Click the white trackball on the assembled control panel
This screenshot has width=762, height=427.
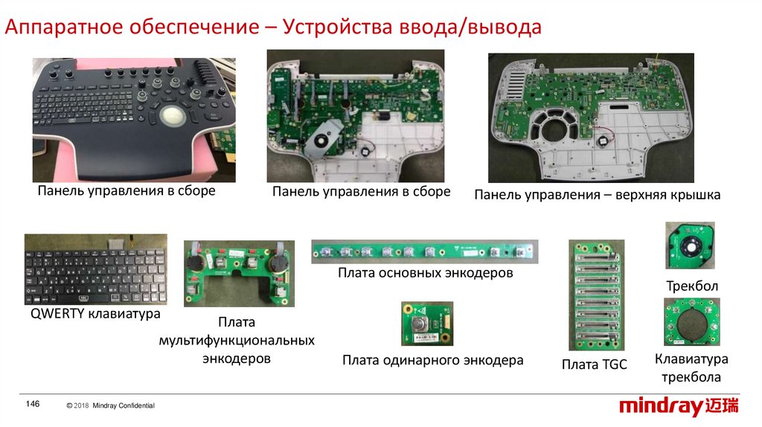(173, 117)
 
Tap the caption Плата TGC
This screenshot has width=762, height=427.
(594, 365)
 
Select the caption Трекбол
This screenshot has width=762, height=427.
(692, 286)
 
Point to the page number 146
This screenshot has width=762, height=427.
(33, 404)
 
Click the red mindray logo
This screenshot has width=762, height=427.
(679, 406)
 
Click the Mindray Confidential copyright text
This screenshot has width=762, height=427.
(111, 405)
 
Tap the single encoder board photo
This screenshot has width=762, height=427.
(427, 324)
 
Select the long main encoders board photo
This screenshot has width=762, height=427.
(425, 251)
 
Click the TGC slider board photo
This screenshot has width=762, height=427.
(597, 295)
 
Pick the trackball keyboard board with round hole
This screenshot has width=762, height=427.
(692, 322)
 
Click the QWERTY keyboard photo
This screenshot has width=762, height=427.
(96, 269)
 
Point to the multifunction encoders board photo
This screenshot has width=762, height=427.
(239, 274)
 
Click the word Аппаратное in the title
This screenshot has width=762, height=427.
(64, 27)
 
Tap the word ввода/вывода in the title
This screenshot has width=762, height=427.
(470, 27)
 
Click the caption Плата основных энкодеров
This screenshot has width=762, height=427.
(425, 272)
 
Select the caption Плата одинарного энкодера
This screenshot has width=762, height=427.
(432, 360)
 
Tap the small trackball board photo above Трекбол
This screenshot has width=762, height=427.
(690, 245)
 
